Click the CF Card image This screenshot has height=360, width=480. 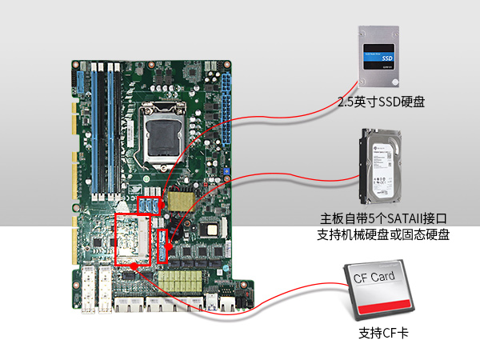(x=382, y=294)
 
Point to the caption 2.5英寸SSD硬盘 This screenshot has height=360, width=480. (x=381, y=102)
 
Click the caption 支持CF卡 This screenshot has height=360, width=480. (x=383, y=332)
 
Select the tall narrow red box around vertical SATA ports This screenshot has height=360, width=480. (x=164, y=246)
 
